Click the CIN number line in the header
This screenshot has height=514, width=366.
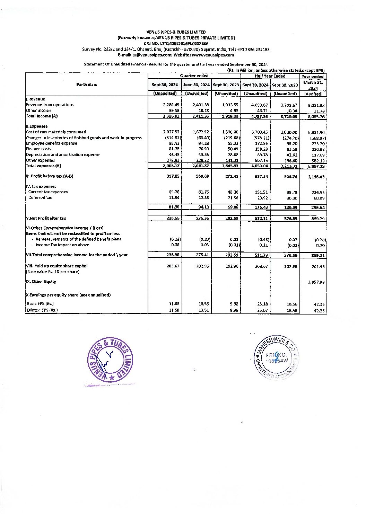click(x=176, y=44)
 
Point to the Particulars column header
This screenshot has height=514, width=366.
click(x=87, y=85)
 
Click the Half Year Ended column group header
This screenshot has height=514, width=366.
click(x=270, y=76)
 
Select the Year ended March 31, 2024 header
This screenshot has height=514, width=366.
click(x=313, y=85)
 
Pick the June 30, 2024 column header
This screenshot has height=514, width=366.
click(x=196, y=85)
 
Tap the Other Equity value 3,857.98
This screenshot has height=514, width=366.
click(x=316, y=282)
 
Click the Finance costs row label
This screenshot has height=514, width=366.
click(x=38, y=149)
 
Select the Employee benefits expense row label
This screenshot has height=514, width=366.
click(x=51, y=143)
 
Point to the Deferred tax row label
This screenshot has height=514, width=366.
click(x=39, y=197)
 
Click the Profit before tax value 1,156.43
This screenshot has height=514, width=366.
click(x=316, y=177)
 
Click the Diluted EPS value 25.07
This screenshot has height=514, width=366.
click(x=262, y=310)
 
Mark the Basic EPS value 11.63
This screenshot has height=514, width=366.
click(x=174, y=304)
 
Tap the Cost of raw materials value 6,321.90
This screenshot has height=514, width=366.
click(x=316, y=133)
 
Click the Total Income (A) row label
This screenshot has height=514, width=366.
click(x=42, y=116)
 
